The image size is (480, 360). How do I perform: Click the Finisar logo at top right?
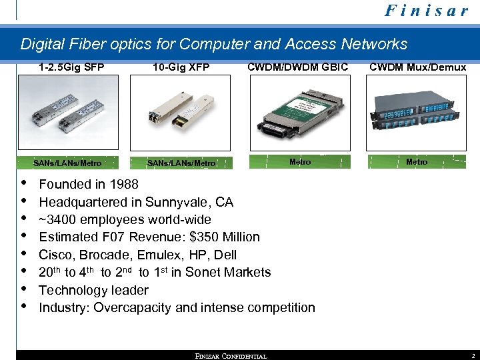point(426,12)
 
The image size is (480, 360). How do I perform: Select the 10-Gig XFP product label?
point(181,67)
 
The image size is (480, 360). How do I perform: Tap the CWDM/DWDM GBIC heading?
point(297,67)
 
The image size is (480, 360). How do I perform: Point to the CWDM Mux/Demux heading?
point(417,67)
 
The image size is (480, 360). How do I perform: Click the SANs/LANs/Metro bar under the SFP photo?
point(67,163)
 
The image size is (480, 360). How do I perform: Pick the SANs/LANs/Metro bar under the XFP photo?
point(181,163)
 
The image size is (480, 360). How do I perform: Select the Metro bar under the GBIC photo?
point(299,161)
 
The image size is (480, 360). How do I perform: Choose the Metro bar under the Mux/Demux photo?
point(417,161)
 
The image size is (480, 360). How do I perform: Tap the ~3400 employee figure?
point(60,219)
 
